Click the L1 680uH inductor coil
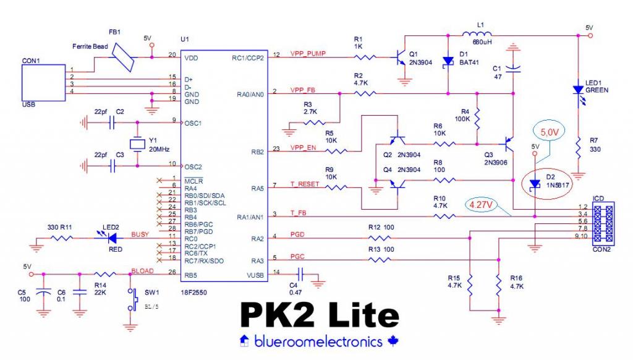pyautogui.click(x=477, y=35)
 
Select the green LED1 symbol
pyautogui.click(x=579, y=90)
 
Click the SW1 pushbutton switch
pyautogui.click(x=130, y=299)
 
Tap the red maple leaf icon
pyautogui.click(x=391, y=341)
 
